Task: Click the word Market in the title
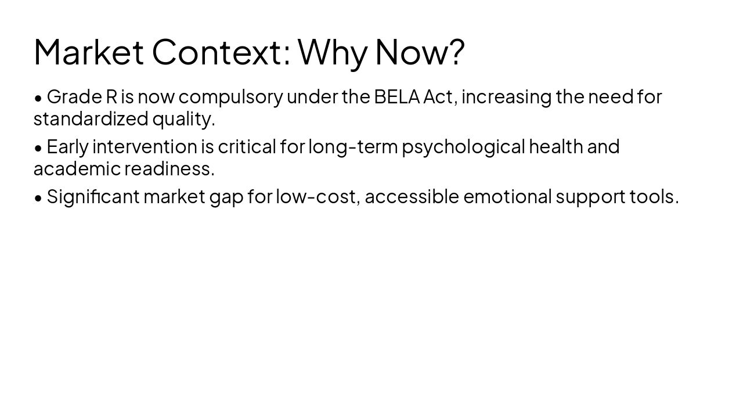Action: coord(88,52)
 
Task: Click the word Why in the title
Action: coord(333,52)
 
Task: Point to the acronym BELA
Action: coord(396,96)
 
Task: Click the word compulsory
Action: coord(230,96)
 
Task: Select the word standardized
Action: coord(91,118)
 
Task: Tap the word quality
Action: coord(183,118)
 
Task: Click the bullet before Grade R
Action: coord(38,98)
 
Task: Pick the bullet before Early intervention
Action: coord(38,147)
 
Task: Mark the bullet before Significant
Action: coord(38,197)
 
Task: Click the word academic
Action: coord(77,168)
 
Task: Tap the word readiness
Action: coord(169,168)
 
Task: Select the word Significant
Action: coord(93,196)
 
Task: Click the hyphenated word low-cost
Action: coord(318,196)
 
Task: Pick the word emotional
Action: coord(507,196)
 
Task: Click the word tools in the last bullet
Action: coord(654,196)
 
